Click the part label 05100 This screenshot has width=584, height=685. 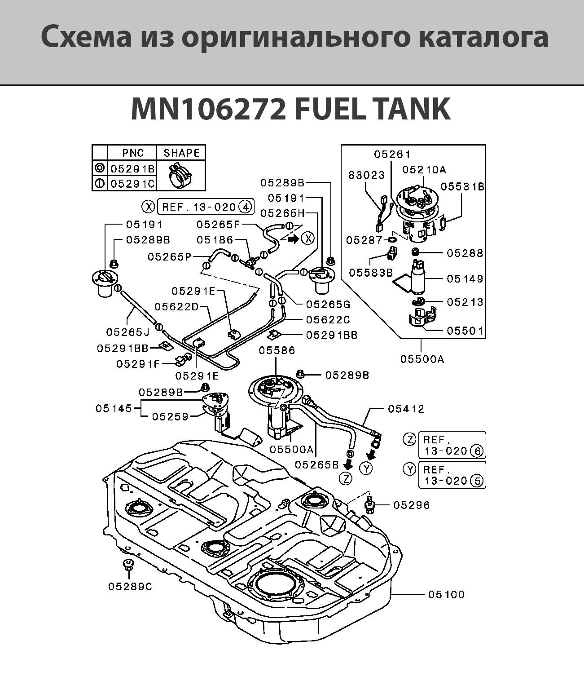[x=446, y=594]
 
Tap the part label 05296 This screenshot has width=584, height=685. [x=411, y=505]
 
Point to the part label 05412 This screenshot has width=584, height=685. [x=406, y=409]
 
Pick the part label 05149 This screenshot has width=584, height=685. [x=465, y=278]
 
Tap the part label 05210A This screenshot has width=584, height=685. [x=424, y=169]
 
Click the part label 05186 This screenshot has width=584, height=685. [x=215, y=240]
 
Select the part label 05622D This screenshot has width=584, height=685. [x=176, y=306]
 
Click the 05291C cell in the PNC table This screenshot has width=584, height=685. [x=133, y=183]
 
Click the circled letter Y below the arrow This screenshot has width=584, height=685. [x=367, y=468]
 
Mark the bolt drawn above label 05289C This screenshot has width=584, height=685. [x=128, y=566]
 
